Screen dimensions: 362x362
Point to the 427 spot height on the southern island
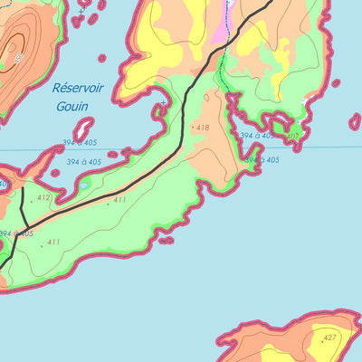(329, 337)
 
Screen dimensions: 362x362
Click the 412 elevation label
(44, 196)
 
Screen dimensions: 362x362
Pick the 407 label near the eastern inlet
(291, 137)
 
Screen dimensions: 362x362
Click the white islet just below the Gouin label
(83, 129)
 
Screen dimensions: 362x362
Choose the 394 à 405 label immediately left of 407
(257, 136)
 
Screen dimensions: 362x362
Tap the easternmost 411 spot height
(119, 200)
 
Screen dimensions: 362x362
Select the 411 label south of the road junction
(53, 242)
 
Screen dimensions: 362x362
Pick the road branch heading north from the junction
(24, 204)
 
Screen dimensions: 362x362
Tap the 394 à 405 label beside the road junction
(16, 233)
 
